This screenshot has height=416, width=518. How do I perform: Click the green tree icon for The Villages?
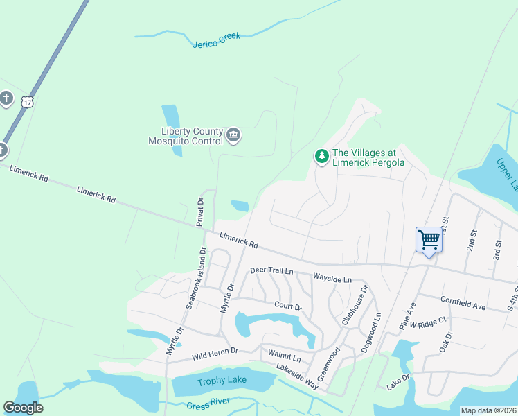pos(321,157)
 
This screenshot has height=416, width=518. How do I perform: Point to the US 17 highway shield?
pos(27,101)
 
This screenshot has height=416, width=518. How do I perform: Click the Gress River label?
pos(208,406)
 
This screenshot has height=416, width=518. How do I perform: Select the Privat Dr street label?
pos(199,212)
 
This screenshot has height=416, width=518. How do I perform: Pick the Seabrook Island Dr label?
pos(196,278)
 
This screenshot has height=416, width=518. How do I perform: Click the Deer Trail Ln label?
pos(272,270)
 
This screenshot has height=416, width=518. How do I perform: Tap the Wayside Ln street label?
pos(332,278)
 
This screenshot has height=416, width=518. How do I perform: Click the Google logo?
pos(23,408)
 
